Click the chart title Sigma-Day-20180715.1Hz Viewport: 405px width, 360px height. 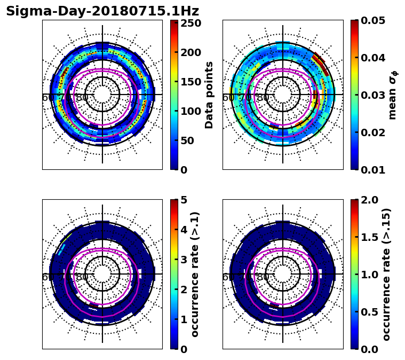pyautogui.click(x=102, y=11)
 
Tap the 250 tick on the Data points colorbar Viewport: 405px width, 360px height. pyautogui.click(x=190, y=23)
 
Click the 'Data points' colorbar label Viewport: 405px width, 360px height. pyautogui.click(x=209, y=95)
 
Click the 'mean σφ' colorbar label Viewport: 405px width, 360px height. pyautogui.click(x=392, y=95)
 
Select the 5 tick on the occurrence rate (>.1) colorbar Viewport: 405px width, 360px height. pyautogui.click(x=184, y=200)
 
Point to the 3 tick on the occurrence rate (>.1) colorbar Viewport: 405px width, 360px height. pyautogui.click(x=184, y=260)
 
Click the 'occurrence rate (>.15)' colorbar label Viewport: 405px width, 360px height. pyautogui.click(x=387, y=274)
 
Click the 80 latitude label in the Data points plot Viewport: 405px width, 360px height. pyautogui.click(x=82, y=98)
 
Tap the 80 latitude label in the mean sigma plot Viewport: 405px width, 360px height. pyautogui.click(x=263, y=98)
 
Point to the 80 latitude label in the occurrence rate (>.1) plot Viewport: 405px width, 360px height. pyautogui.click(x=82, y=277)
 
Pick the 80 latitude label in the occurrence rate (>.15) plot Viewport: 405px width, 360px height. pyautogui.click(x=263, y=277)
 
